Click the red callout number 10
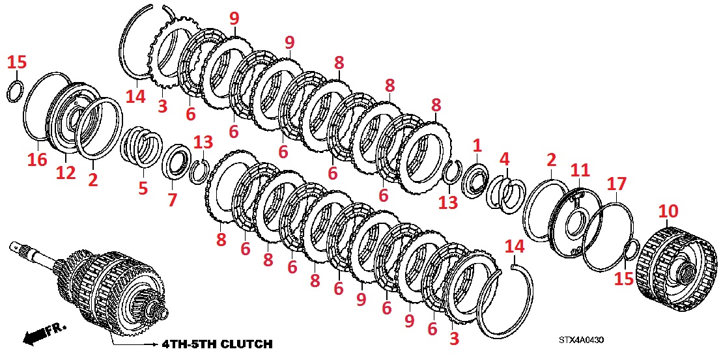pos(668,212)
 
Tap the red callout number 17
pos(617,184)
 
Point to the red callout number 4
pos(504,159)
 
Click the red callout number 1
pos(477,146)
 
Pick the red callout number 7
pos(172,200)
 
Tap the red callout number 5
pos(143,189)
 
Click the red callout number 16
pos(38,159)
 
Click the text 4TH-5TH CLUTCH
pos(217,344)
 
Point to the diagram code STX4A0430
pos(581,340)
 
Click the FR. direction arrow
pos(45,333)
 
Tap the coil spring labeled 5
pos(141,148)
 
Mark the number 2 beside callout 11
pos(551,160)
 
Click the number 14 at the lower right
pos(515,247)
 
